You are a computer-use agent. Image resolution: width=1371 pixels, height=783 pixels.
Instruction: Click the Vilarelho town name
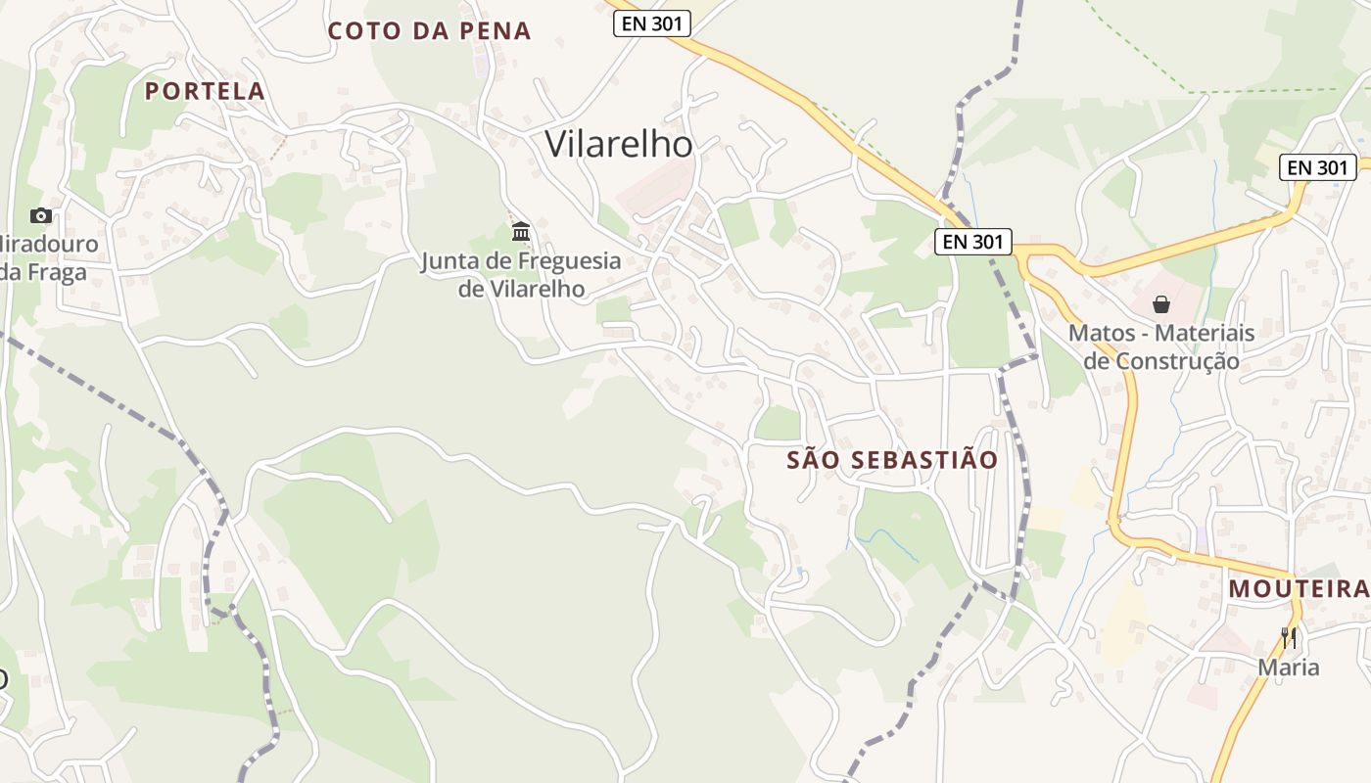(618, 145)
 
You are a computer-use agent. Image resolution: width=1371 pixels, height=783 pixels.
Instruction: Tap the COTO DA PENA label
(429, 31)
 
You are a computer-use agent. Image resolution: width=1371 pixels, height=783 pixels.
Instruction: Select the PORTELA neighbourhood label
(205, 91)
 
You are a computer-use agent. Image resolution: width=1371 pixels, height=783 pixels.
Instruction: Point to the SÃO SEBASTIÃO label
(892, 460)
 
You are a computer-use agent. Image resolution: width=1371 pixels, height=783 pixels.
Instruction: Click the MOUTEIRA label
(1299, 588)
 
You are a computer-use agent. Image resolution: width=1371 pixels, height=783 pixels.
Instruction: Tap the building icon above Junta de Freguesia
(521, 232)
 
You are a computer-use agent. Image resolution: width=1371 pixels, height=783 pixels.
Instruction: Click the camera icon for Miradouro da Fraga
(41, 215)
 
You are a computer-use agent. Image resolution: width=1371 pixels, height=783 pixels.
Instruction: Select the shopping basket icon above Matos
(1161, 304)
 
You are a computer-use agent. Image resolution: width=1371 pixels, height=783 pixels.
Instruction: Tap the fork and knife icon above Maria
(1289, 638)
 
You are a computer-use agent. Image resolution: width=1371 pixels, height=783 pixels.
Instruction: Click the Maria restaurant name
(1289, 668)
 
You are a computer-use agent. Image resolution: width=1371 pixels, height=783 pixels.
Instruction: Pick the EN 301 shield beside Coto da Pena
(652, 24)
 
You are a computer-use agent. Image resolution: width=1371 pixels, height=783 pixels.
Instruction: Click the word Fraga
(58, 272)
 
